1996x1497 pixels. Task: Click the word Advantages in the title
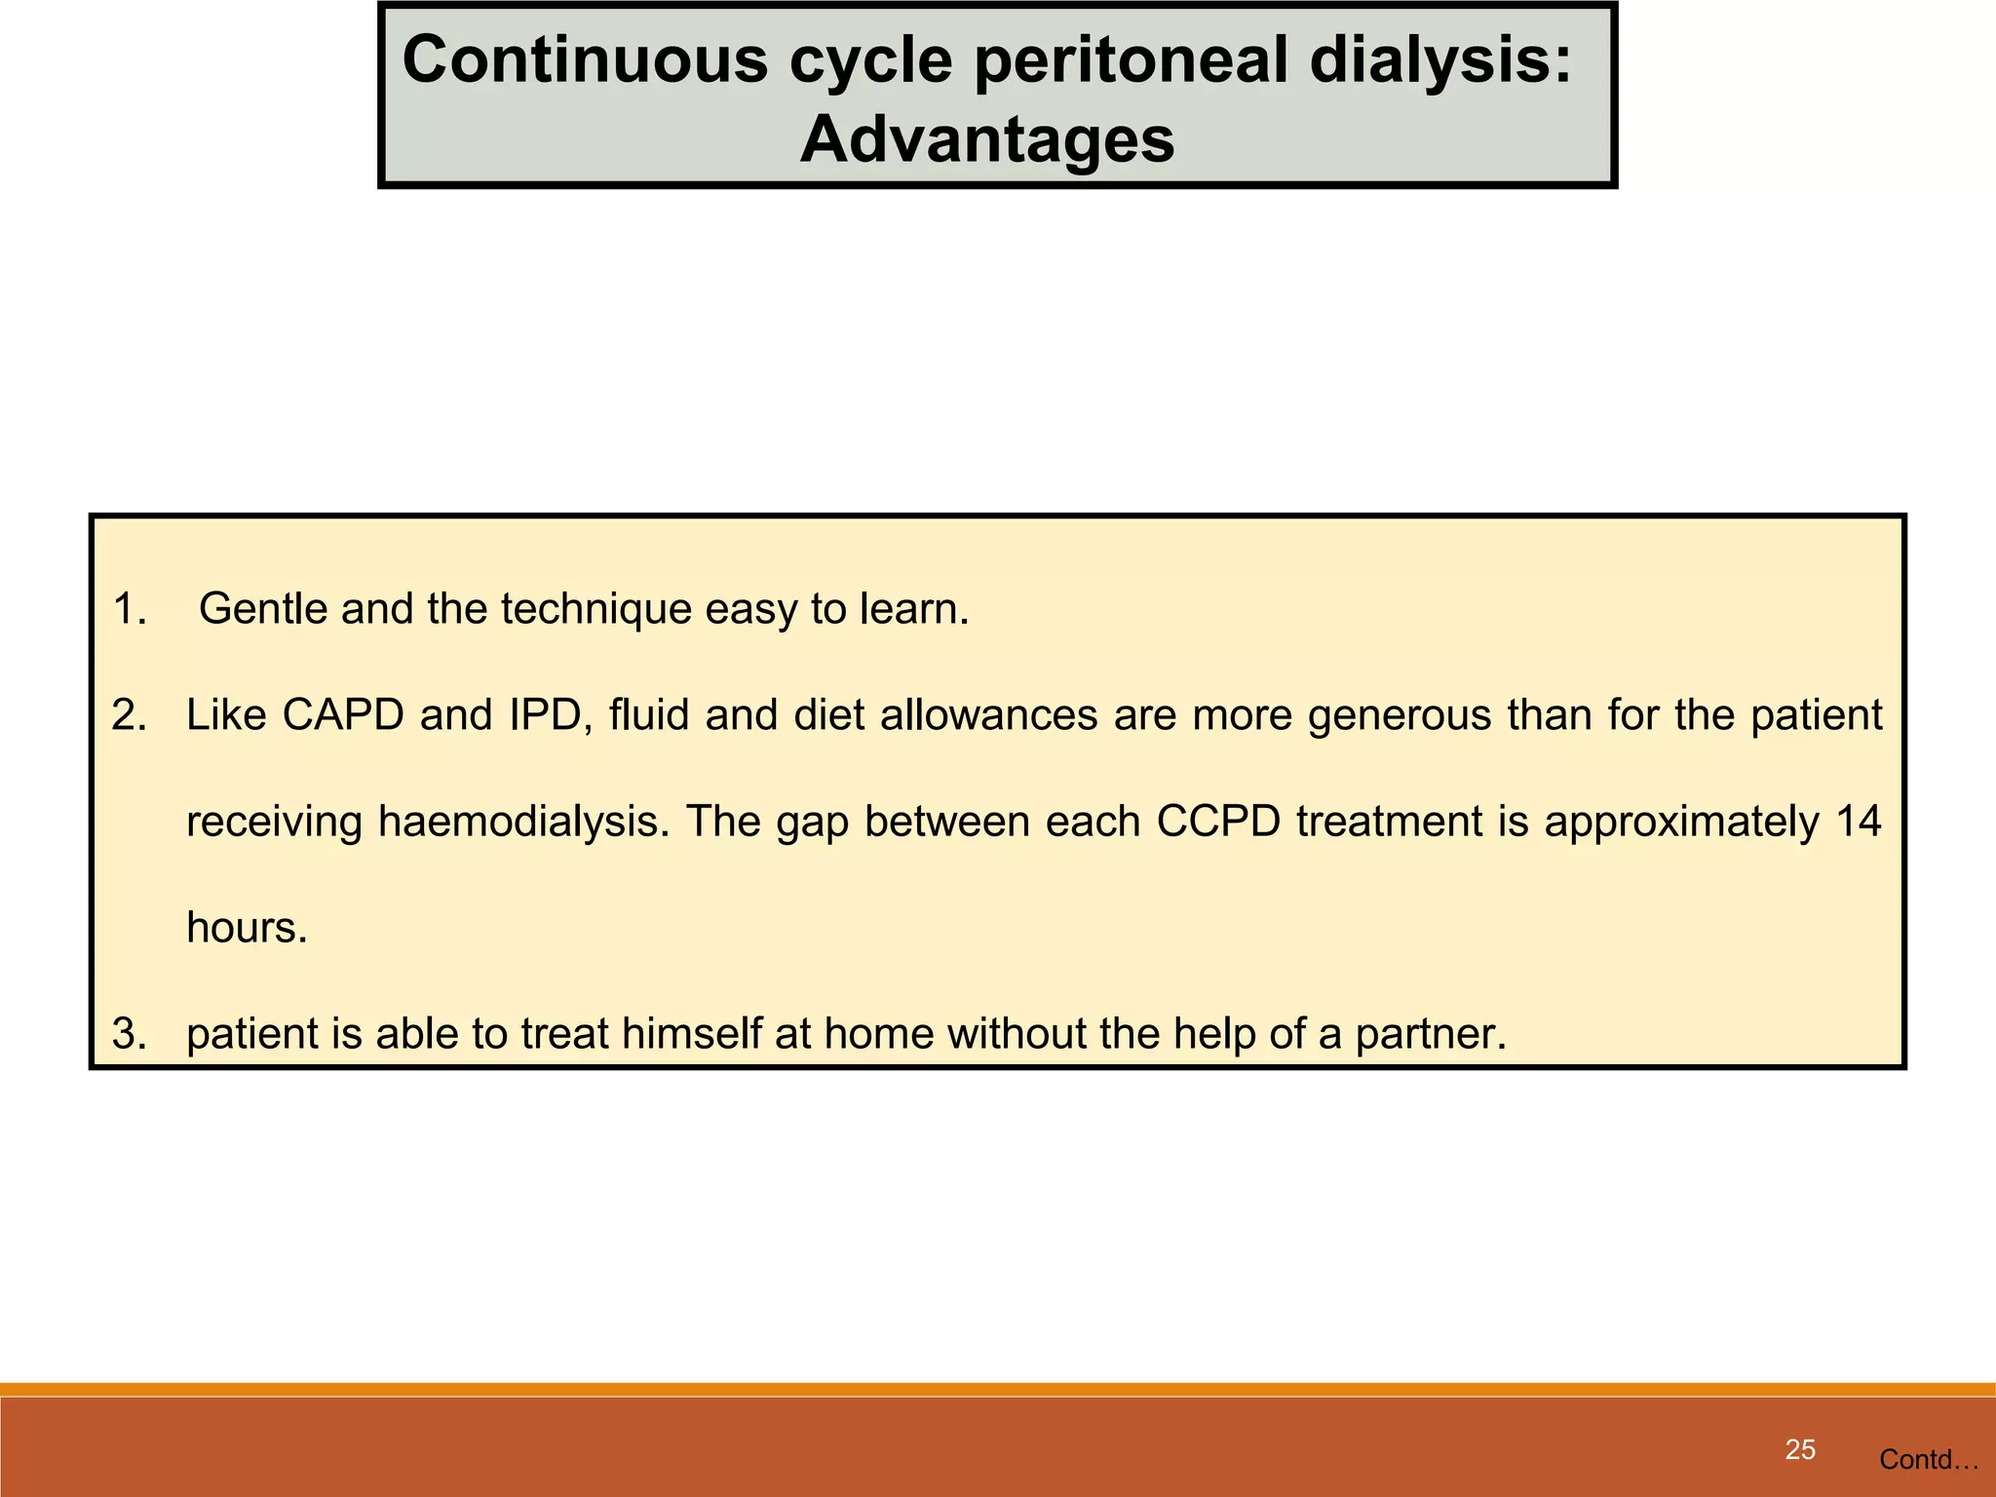[x=986, y=139]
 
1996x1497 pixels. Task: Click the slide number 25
[x=1800, y=1449]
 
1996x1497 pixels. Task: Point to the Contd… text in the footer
[x=1928, y=1459]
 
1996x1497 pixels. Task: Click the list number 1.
[x=129, y=609]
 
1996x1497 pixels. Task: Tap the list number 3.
[x=129, y=1033]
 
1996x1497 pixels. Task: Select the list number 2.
[x=129, y=715]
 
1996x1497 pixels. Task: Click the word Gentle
[x=263, y=609]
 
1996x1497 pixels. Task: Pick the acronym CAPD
[x=343, y=715]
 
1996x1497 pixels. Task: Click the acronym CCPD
[x=1217, y=822]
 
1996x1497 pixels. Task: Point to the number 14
[x=1858, y=822]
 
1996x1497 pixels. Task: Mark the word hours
[x=246, y=927]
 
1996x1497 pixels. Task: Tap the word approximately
[x=1681, y=823]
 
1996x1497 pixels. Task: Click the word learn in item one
[x=913, y=609]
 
